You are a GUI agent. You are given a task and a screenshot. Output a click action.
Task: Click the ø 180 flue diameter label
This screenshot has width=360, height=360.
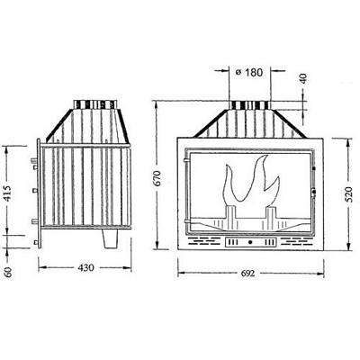pos(249,72)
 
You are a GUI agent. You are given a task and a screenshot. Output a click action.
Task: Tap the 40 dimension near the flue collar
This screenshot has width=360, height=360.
pos(303,78)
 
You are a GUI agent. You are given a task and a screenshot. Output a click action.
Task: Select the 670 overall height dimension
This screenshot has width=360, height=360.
pos(157,178)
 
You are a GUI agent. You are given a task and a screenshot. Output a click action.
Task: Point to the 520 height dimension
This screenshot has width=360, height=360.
pos(348,194)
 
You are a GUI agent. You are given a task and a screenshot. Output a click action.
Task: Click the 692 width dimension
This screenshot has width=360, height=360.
pos(247,274)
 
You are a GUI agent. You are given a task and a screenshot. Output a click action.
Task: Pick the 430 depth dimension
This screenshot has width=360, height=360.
pos(85,267)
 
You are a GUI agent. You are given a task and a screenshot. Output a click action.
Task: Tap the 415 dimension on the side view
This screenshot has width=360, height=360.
pos(8,193)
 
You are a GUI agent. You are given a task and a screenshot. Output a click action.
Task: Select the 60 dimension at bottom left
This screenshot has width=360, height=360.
pos(8,272)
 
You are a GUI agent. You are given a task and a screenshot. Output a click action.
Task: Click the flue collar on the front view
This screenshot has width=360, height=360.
pos(249,105)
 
